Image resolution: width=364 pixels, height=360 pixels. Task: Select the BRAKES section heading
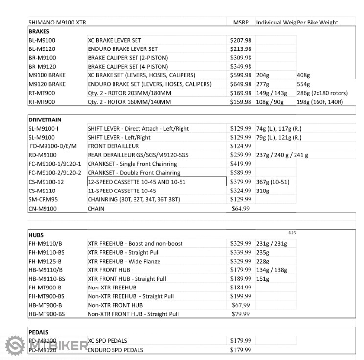[x=40, y=31]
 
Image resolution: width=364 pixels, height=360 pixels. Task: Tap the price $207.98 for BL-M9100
[x=241, y=40]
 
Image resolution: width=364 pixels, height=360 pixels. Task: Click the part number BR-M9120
[x=43, y=67]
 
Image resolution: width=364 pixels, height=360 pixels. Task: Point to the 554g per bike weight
[x=303, y=84]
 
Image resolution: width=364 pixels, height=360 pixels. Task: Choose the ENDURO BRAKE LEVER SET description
[x=122, y=49]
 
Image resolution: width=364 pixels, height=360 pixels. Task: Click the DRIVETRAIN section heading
[x=45, y=120]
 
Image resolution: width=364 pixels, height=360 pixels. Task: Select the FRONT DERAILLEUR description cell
[x=114, y=146]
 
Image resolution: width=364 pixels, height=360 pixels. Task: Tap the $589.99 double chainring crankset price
[x=241, y=173]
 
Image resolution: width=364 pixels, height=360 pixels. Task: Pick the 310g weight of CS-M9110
[x=263, y=191]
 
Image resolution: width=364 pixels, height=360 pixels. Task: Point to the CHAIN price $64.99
[x=240, y=209]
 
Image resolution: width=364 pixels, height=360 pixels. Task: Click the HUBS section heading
[x=36, y=235]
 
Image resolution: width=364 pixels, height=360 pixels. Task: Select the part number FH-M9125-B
[x=45, y=262]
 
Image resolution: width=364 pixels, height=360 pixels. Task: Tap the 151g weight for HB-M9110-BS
[x=263, y=279]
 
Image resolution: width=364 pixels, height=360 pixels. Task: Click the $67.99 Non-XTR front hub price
[x=240, y=305]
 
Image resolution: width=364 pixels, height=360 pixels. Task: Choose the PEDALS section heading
[x=39, y=332]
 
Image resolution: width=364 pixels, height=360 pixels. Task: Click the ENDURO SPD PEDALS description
[x=115, y=350]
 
